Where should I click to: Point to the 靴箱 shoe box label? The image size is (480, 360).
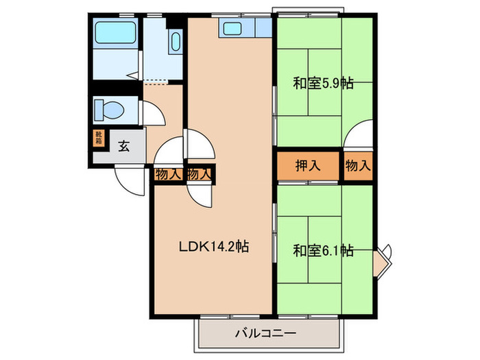pyautogui.click(x=99, y=139)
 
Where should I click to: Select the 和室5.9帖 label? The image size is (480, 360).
pyautogui.click(x=323, y=85)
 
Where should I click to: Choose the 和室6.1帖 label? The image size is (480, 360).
pyautogui.click(x=323, y=250)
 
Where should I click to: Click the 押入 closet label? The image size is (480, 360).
pyautogui.click(x=307, y=166)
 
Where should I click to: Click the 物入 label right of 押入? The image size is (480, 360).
pyautogui.click(x=357, y=166)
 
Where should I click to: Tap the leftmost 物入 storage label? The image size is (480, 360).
pyautogui.click(x=169, y=174)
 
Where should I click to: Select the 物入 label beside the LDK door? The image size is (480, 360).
pyautogui.click(x=200, y=174)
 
